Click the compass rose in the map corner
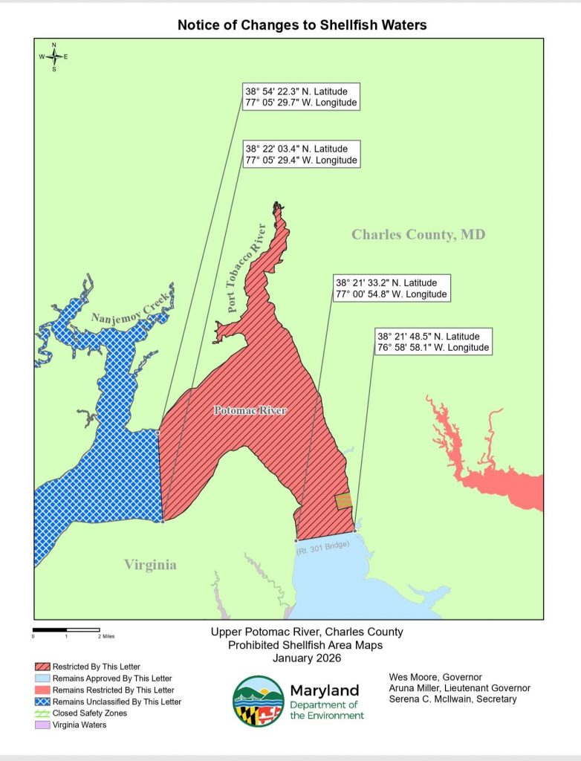tap(53, 56)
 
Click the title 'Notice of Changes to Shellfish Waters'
tap(302, 25)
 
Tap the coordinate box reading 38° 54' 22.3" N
tap(301, 97)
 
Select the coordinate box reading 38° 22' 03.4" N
tap(301, 155)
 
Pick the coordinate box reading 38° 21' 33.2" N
tap(392, 288)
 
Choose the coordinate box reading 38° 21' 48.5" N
tap(433, 342)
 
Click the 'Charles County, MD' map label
tap(418, 235)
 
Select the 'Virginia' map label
tap(151, 565)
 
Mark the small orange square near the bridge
tap(343, 502)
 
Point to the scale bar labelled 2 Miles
tap(67, 630)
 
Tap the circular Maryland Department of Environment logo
tap(257, 701)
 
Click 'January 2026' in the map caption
tap(305, 658)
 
